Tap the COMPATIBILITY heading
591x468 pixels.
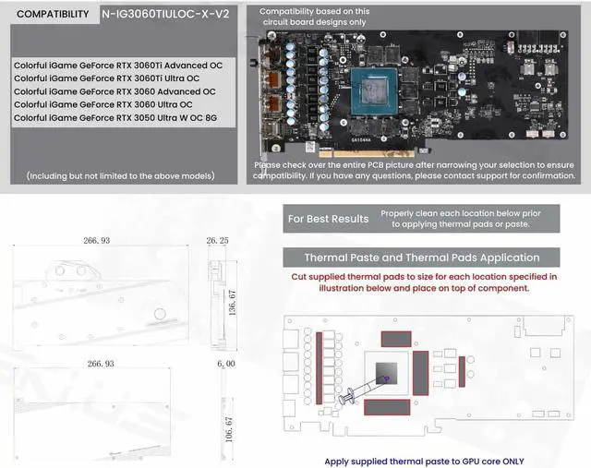[54, 15]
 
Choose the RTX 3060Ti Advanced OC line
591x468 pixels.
[118, 66]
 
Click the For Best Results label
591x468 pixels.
[329, 219]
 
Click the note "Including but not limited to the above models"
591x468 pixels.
[121, 175]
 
